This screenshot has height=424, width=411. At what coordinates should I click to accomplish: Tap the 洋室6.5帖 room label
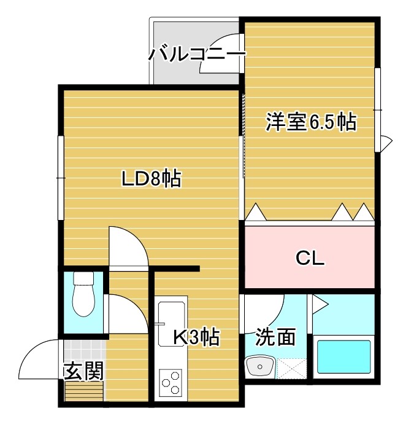point(311,122)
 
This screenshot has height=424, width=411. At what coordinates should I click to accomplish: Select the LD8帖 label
point(150,179)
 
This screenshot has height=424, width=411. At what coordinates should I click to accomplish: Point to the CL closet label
point(310,259)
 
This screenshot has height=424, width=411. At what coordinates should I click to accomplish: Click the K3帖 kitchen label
point(195,337)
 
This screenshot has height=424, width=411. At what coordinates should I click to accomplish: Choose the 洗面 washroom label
point(275,337)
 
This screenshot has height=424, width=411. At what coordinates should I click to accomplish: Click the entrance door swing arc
point(38,359)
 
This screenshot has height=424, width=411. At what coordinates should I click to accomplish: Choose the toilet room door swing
point(126,313)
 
